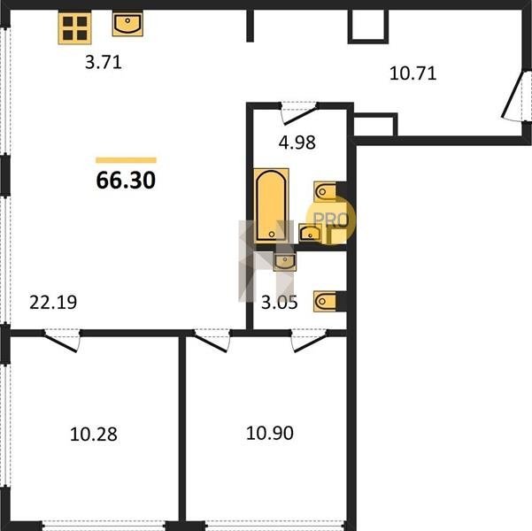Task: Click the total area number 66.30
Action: tap(126, 181)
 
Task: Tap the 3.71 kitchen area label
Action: tap(104, 63)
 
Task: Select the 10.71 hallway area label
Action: tap(412, 73)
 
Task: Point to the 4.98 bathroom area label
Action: tap(297, 142)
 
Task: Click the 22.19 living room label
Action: tap(53, 303)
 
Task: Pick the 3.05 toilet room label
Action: tap(279, 303)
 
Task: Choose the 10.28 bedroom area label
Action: tap(94, 434)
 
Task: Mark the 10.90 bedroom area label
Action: tap(270, 434)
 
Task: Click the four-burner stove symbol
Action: tap(74, 28)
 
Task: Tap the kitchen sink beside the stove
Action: tap(127, 24)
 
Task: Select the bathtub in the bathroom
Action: tap(271, 205)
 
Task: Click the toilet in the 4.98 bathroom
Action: tap(325, 192)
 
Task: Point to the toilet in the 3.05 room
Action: tap(325, 301)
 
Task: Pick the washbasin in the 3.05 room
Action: tap(285, 261)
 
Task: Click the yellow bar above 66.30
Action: tap(126, 160)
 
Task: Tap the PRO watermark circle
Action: tap(331, 219)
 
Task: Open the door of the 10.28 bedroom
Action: tap(63, 341)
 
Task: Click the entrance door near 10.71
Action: tap(515, 96)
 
